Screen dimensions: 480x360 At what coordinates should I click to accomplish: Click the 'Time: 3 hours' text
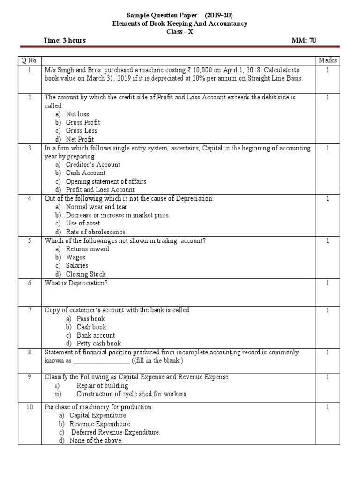(64, 40)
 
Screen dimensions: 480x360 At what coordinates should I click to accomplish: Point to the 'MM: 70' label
(304, 40)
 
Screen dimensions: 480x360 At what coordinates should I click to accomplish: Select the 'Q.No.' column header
(30, 61)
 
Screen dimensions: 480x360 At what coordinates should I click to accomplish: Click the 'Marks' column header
(328, 61)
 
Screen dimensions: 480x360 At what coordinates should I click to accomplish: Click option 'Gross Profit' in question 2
(83, 122)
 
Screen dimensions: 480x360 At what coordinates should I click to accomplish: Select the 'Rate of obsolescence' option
(96, 232)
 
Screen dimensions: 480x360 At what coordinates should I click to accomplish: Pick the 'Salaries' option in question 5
(77, 266)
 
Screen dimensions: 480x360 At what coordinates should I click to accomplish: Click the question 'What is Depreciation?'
(76, 283)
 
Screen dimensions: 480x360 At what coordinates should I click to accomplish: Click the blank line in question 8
(101, 361)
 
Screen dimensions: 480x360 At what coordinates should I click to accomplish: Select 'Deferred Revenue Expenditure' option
(115, 432)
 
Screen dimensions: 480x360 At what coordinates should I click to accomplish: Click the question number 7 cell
(30, 310)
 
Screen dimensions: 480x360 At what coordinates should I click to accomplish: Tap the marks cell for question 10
(328, 407)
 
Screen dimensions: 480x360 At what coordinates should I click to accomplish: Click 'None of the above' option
(96, 441)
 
